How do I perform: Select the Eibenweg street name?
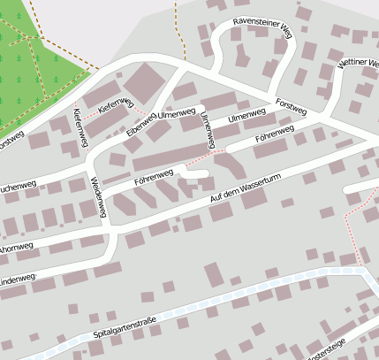141,123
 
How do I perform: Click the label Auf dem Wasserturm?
245,193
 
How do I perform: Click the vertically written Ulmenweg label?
208,130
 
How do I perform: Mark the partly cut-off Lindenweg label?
17,280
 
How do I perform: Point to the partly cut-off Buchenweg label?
17,189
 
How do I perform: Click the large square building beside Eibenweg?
146,85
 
